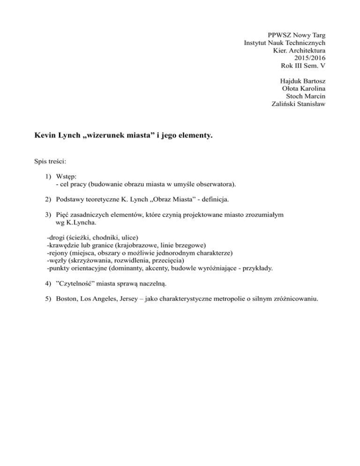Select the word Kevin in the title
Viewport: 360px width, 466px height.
46,136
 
